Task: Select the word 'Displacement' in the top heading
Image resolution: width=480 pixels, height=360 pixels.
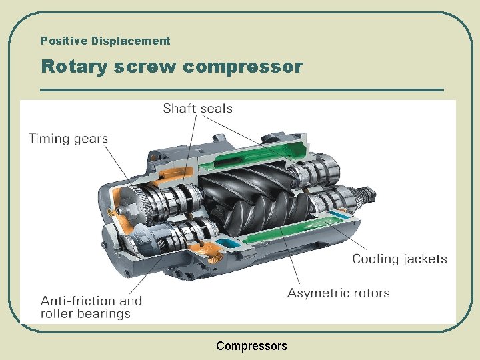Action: [131, 41]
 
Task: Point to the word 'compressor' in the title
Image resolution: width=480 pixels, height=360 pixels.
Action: [242, 67]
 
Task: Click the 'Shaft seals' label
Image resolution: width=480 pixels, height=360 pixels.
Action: [197, 108]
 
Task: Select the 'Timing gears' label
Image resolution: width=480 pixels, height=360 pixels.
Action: [68, 139]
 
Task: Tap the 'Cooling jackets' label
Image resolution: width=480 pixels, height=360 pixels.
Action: [399, 259]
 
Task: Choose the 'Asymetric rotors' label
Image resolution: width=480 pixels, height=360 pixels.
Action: [338, 293]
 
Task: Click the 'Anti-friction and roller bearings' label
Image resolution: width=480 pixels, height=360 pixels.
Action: [91, 307]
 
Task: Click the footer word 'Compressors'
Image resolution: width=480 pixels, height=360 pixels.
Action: [251, 346]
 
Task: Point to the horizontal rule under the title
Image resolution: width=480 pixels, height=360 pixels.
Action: [241, 89]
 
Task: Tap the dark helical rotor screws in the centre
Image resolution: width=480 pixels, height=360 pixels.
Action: [253, 197]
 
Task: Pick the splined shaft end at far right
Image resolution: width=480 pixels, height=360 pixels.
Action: [366, 197]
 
